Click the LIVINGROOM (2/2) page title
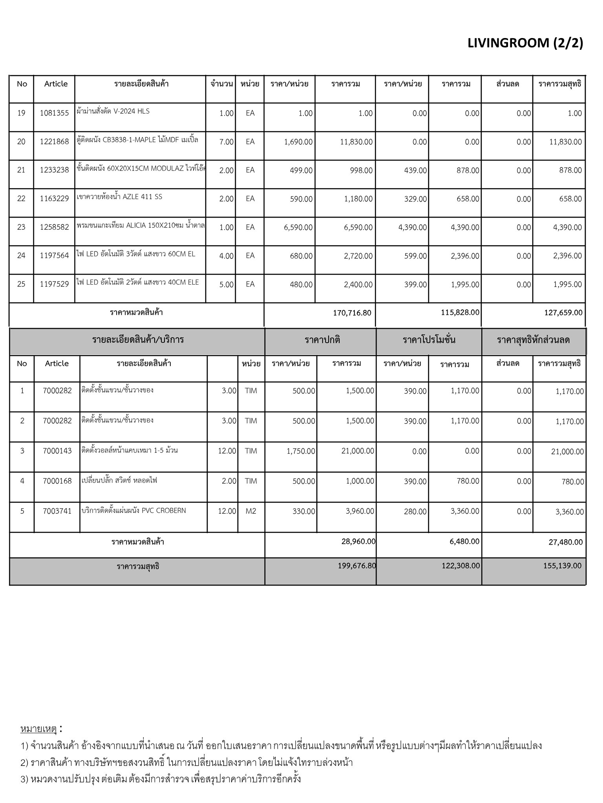click(525, 43)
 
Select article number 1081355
click(54, 113)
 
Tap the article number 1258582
click(54, 227)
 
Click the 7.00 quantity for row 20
click(227, 142)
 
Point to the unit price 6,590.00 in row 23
click(298, 227)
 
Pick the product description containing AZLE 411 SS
click(120, 197)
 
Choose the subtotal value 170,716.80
click(352, 313)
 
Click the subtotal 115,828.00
click(459, 312)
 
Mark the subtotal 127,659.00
click(563, 313)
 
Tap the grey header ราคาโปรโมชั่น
click(429, 340)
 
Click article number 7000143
click(57, 451)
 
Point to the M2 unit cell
click(250, 511)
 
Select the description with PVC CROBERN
click(133, 511)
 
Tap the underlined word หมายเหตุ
click(38, 729)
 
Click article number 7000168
click(57, 481)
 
